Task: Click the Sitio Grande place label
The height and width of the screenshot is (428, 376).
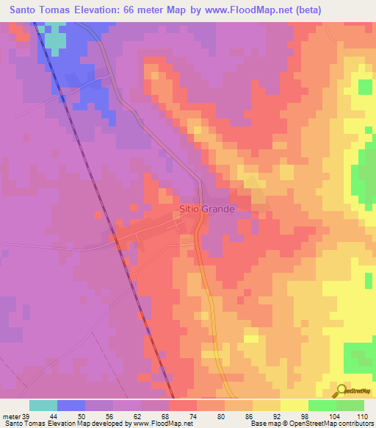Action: (x=207, y=209)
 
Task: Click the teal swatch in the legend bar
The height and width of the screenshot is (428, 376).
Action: (x=43, y=405)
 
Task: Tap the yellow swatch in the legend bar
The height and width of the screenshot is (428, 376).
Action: (x=294, y=405)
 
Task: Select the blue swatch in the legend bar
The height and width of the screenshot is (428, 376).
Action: (x=71, y=405)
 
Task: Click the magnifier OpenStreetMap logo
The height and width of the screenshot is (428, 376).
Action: (x=340, y=391)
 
